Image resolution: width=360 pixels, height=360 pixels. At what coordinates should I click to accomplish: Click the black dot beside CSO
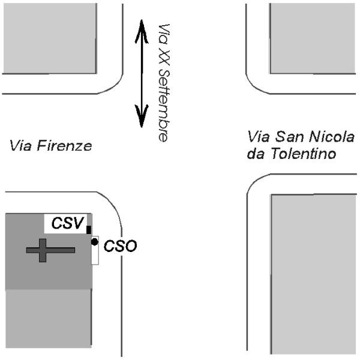click(x=95, y=242)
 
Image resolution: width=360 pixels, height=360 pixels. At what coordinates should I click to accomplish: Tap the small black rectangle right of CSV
click(x=89, y=229)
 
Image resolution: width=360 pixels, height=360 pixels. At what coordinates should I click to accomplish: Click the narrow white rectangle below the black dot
click(x=95, y=255)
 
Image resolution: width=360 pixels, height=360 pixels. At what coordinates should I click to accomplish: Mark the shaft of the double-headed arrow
click(x=141, y=72)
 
